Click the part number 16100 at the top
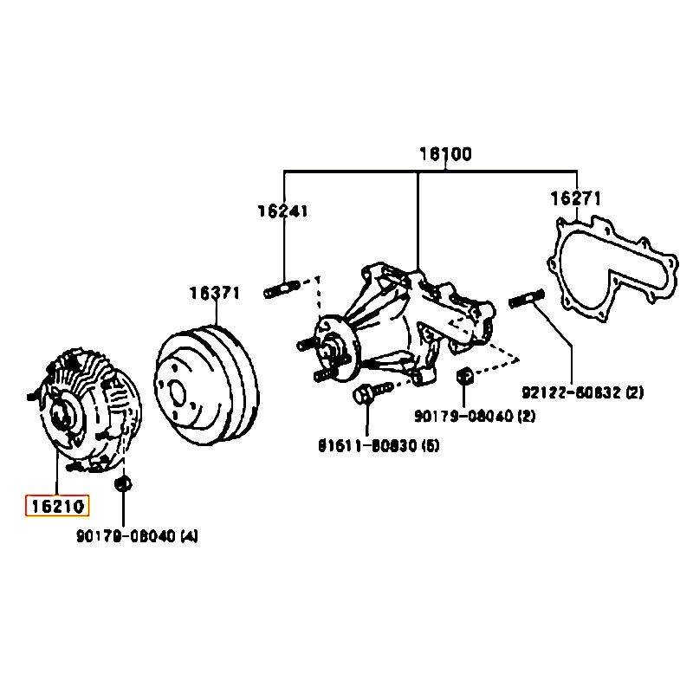pos(445,155)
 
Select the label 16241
pos(282,210)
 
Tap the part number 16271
pos(575,198)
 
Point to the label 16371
pos(215,293)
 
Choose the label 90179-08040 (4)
pos(138,536)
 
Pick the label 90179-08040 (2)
pos(474,417)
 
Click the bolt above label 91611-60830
pos(365,394)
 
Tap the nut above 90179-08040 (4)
pos(123,482)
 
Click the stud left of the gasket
pos(527,298)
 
